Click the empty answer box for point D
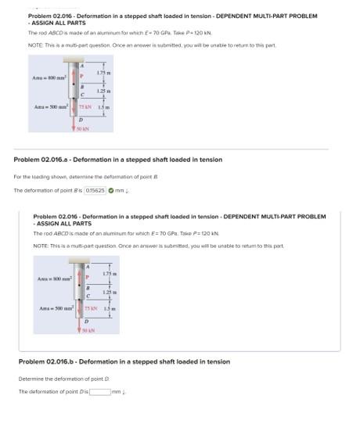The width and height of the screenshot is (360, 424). pyautogui.click(x=99, y=391)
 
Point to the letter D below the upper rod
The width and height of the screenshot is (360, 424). pyautogui.click(x=81, y=120)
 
